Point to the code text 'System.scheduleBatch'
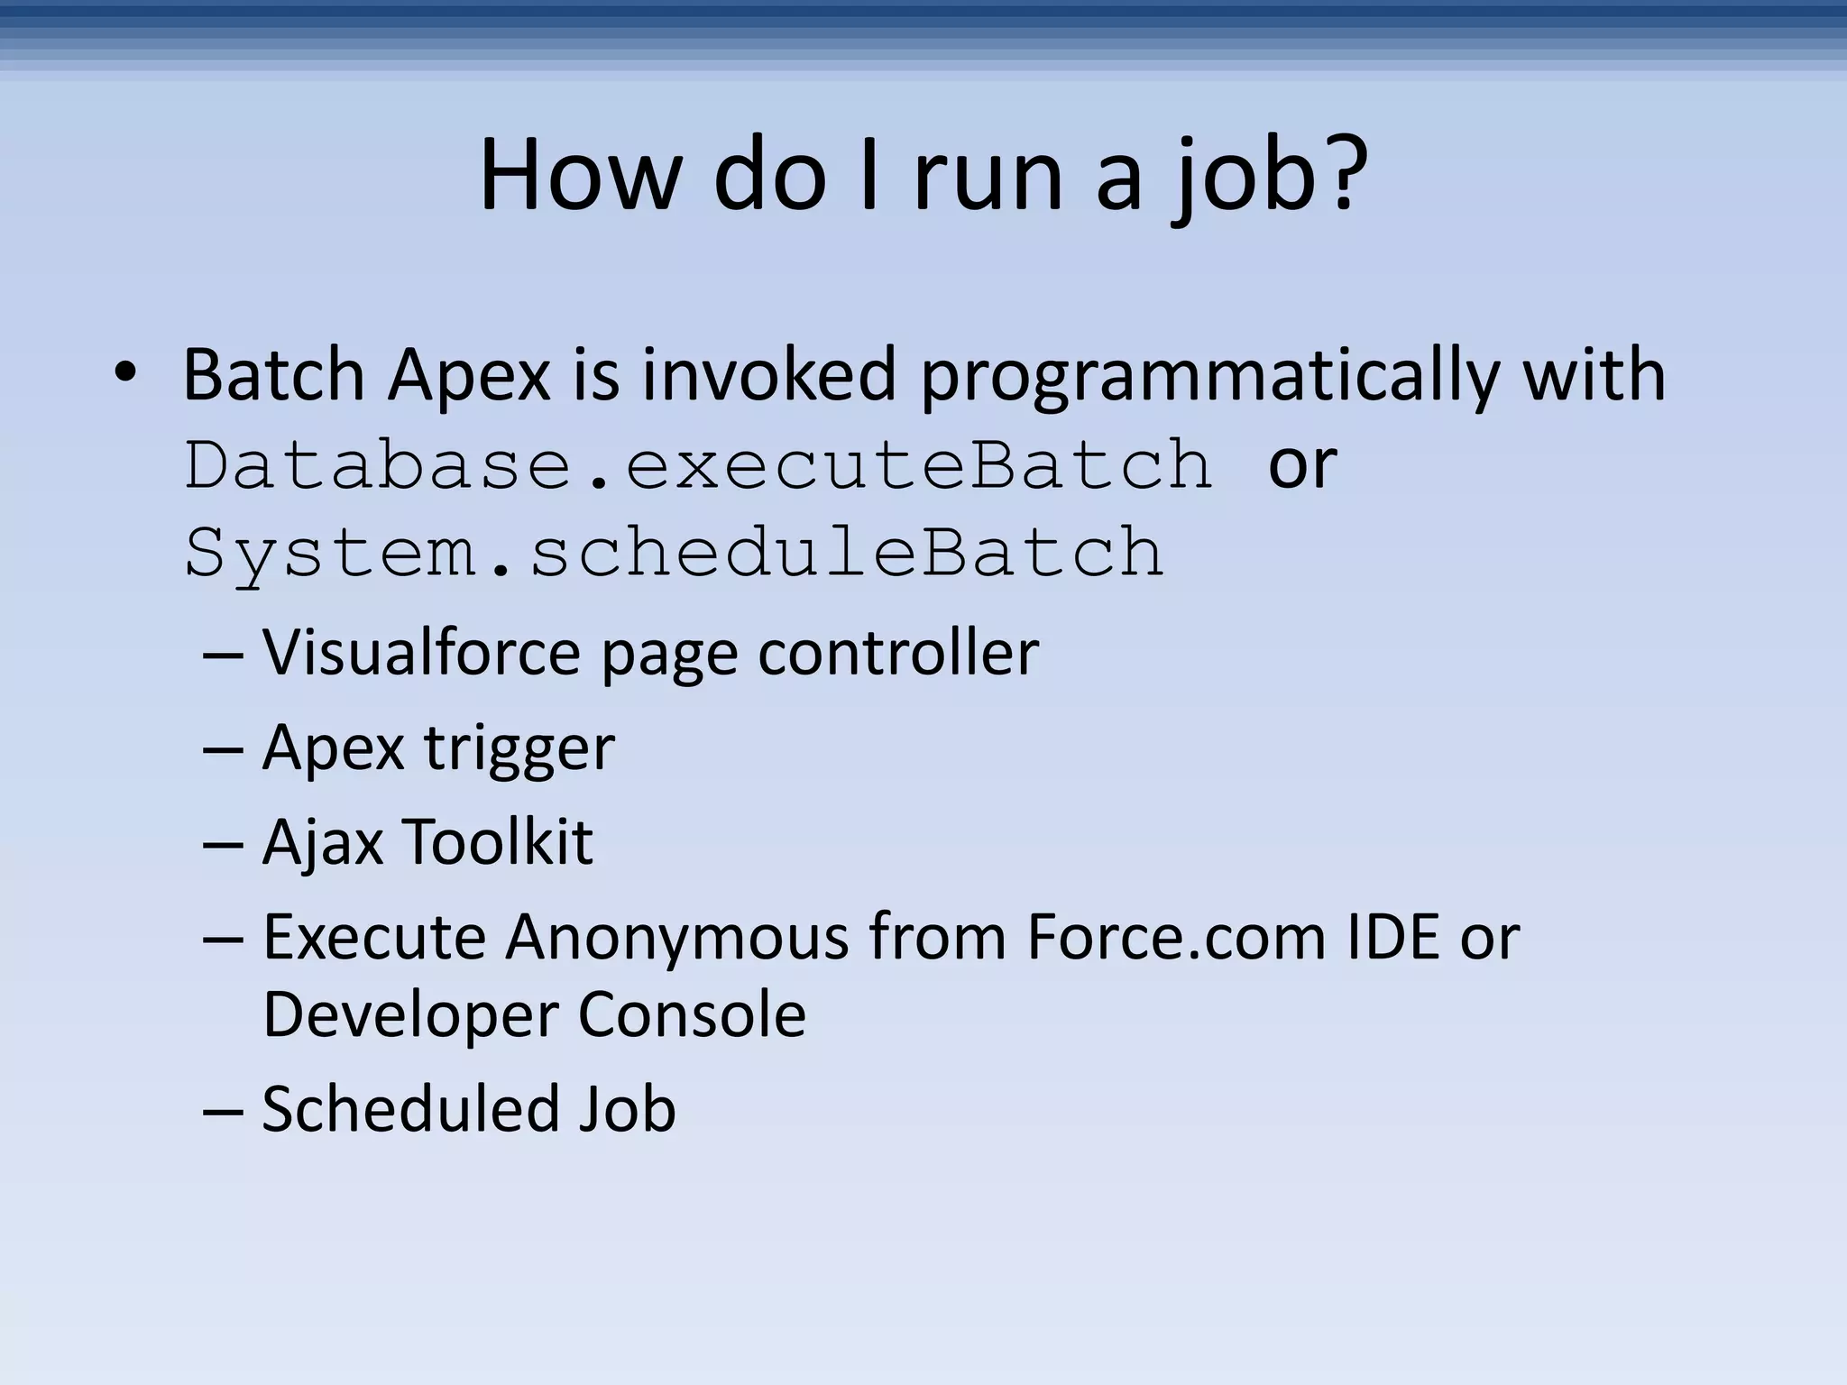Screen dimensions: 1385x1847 click(x=675, y=553)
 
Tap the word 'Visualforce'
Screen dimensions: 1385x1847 click(x=421, y=652)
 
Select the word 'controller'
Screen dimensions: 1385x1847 click(x=897, y=652)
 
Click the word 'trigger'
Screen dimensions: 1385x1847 click(x=519, y=748)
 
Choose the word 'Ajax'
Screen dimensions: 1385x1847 click(x=321, y=843)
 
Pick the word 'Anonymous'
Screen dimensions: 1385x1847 click(x=676, y=937)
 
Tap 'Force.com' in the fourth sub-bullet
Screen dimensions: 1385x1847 click(x=1175, y=937)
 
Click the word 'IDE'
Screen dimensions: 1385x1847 click(x=1392, y=937)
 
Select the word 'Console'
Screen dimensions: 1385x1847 click(x=692, y=1014)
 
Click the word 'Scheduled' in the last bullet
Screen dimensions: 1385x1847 click(x=409, y=1109)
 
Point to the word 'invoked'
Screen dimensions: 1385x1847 click(x=769, y=375)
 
